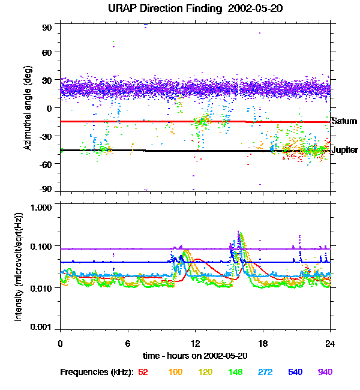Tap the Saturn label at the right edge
tap(344, 121)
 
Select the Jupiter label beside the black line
tap(344, 150)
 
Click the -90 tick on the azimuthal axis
tap(46, 190)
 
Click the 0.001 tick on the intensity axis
tap(43, 328)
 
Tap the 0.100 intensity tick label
tap(43, 247)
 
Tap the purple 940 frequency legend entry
tap(325, 372)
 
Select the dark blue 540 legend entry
tap(295, 372)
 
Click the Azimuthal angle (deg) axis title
tap(27, 108)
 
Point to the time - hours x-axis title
tap(195, 356)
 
